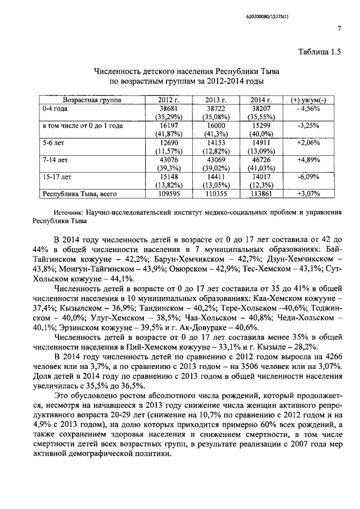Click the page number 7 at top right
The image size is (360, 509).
point(339,29)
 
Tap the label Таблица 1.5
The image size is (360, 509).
point(319,53)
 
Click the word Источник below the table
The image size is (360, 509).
point(68,213)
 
